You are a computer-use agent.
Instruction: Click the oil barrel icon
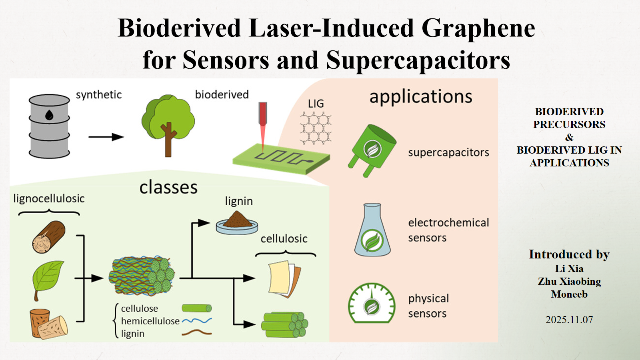click(49, 126)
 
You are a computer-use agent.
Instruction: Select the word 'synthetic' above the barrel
click(98, 94)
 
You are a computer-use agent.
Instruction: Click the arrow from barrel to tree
click(106, 137)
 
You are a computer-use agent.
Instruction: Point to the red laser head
click(263, 114)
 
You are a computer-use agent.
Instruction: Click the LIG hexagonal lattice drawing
click(316, 128)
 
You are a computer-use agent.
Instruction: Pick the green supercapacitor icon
click(372, 150)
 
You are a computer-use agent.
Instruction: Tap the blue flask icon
click(372, 230)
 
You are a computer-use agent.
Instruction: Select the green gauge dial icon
click(372, 303)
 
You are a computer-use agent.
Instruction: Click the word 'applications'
click(421, 97)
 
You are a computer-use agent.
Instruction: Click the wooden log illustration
click(48, 237)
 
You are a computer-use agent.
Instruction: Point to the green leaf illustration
click(48, 280)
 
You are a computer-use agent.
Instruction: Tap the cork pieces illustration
click(48, 324)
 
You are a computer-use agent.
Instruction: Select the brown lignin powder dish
click(237, 223)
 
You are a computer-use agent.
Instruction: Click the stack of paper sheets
click(284, 279)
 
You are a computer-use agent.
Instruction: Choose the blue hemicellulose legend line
click(197, 321)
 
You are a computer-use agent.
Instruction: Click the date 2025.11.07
click(569, 320)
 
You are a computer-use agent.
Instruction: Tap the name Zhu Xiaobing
click(569, 282)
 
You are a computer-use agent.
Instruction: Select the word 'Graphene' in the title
click(478, 28)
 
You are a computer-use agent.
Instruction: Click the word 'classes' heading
click(168, 188)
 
